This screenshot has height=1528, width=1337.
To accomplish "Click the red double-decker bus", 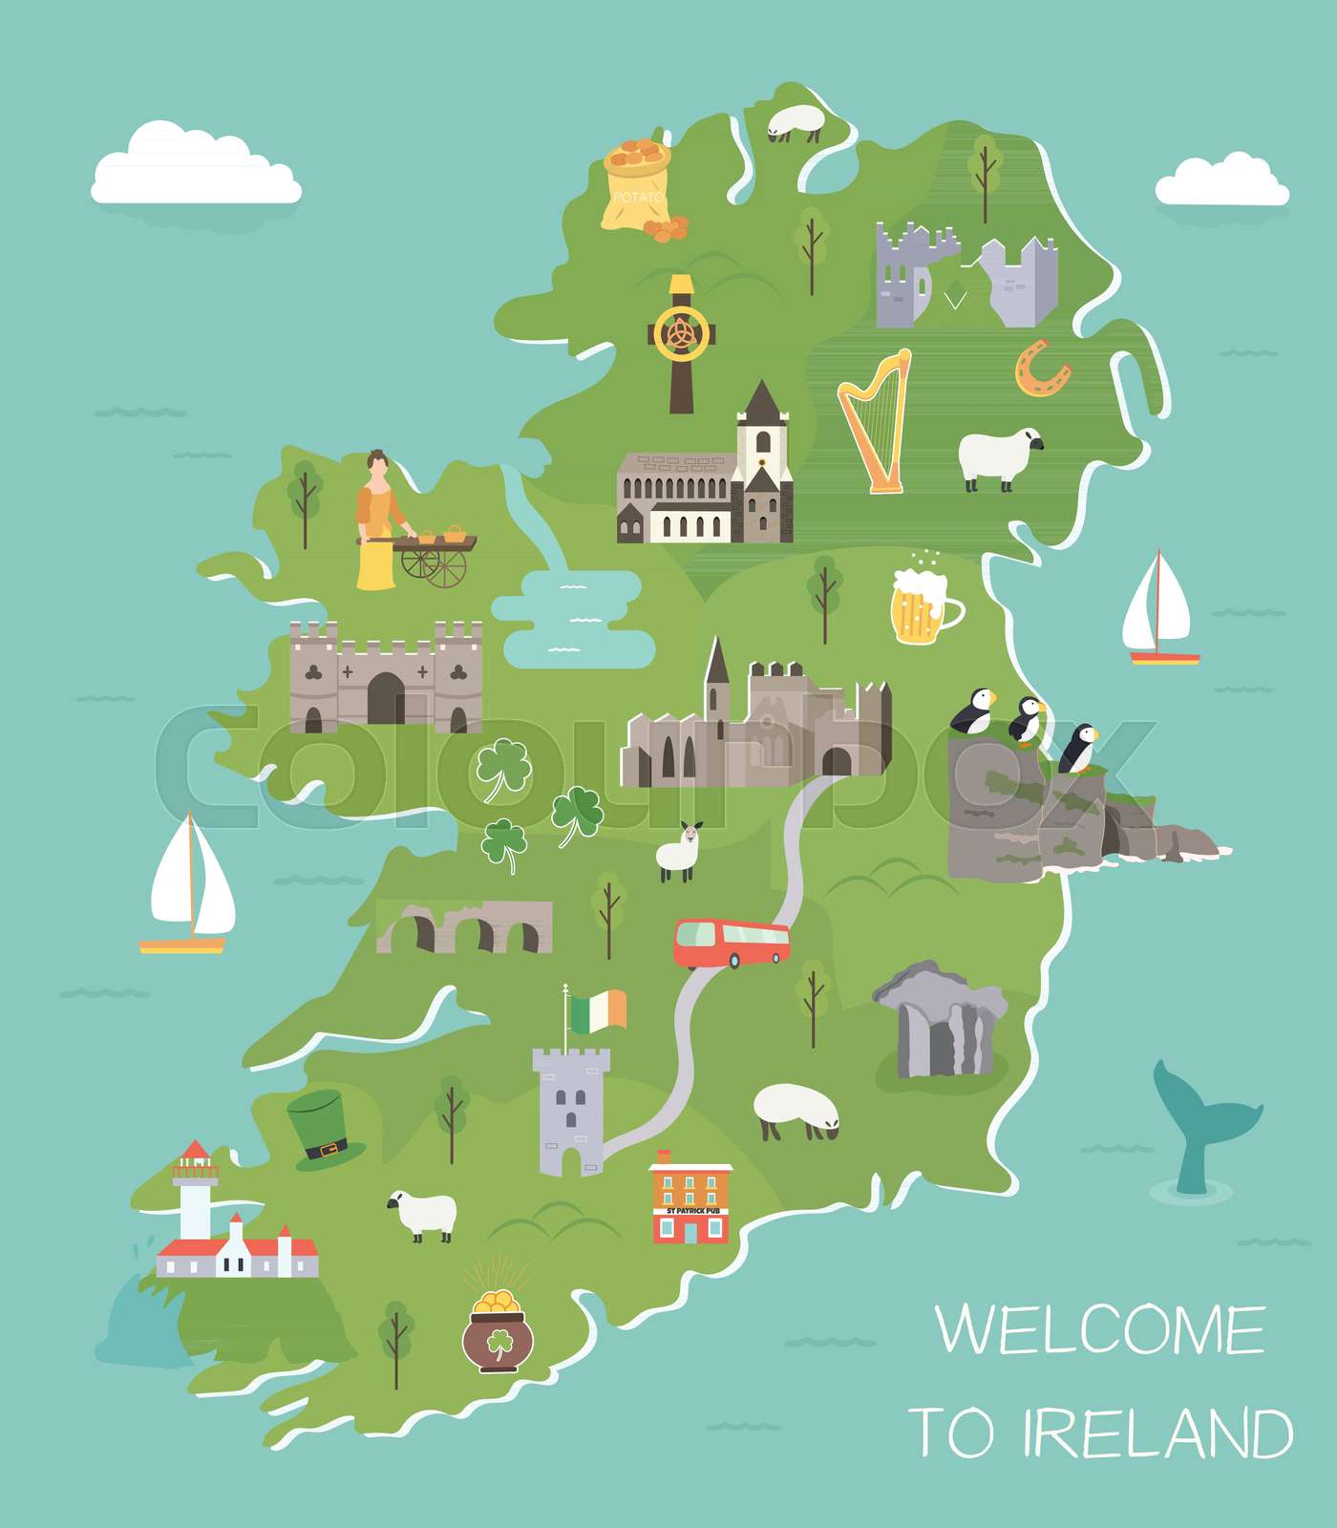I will click(732, 944).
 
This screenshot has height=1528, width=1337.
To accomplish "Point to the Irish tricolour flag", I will click(598, 1010).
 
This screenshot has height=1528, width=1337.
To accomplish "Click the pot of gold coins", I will click(498, 1333).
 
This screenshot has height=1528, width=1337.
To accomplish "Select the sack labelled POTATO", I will click(637, 187).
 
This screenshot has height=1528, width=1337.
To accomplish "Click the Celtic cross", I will click(680, 342).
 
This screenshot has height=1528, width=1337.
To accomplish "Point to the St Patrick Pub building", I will click(691, 1199).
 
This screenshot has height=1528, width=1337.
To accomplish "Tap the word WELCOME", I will click(1100, 1329).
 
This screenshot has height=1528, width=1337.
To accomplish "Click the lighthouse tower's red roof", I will click(195, 1150).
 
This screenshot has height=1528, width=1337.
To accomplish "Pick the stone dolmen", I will click(940, 1020).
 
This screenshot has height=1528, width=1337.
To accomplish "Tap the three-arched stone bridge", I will click(466, 926).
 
